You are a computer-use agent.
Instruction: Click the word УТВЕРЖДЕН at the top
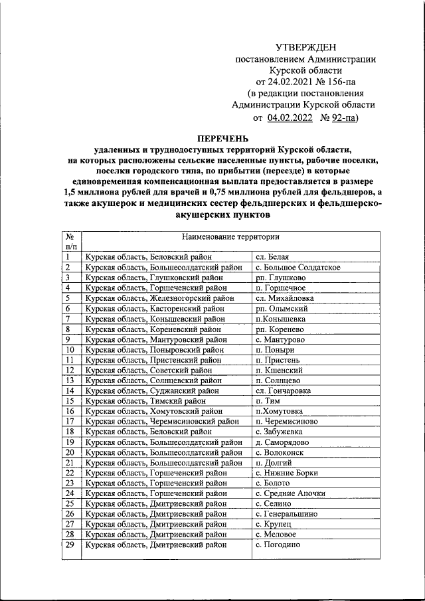[306, 46]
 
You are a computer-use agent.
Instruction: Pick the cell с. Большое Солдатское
[297, 267]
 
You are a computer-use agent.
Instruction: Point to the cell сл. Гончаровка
[283, 390]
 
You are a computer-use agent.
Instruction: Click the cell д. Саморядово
[284, 442]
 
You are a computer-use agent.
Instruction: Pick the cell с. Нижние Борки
[287, 473]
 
